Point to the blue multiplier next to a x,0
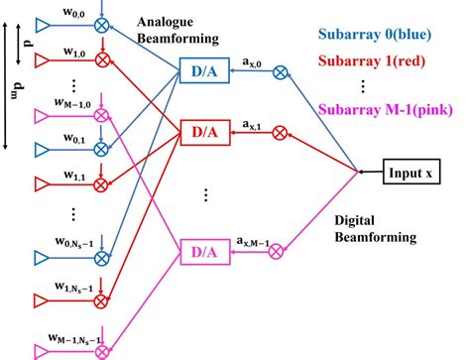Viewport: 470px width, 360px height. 281,71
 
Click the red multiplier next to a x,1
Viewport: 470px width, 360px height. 281,131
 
